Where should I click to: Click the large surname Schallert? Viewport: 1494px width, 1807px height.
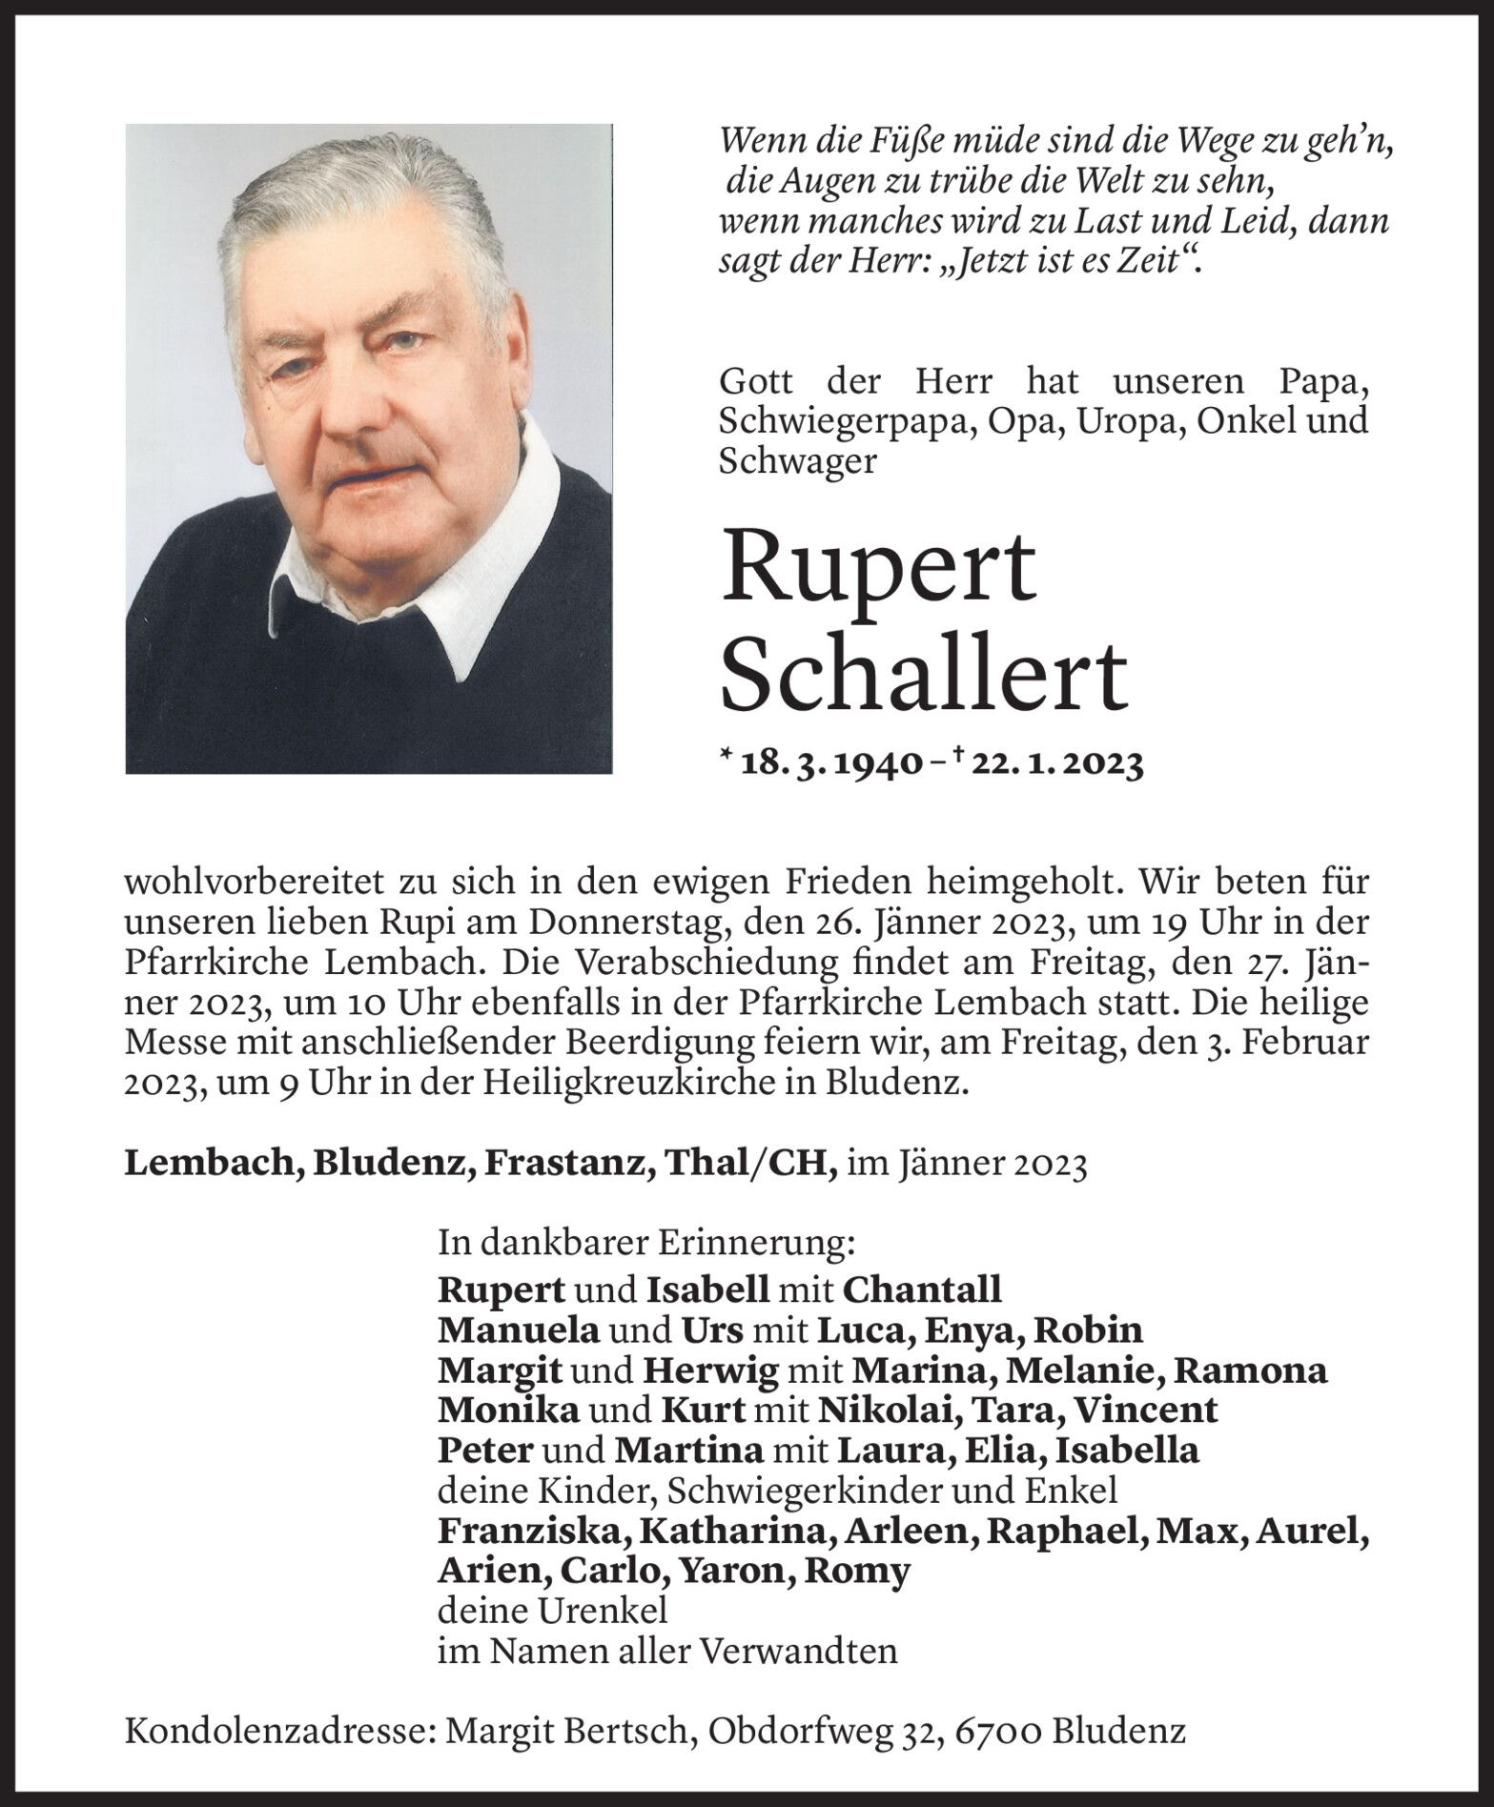coord(924,672)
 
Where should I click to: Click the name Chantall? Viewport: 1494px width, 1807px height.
coord(922,1289)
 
